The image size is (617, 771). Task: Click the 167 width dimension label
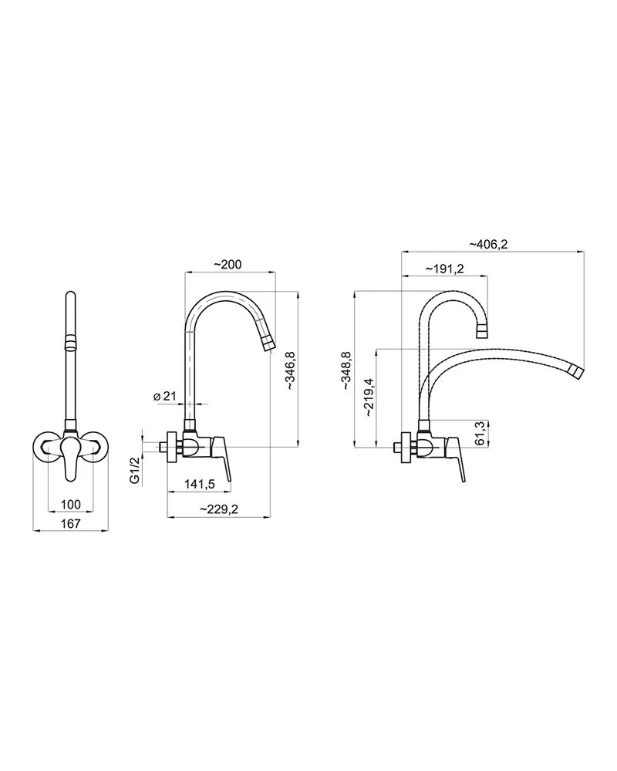click(x=70, y=524)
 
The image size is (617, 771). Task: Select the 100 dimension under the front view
click(x=70, y=504)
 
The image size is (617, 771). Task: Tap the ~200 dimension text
click(x=228, y=265)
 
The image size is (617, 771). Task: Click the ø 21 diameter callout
click(x=165, y=396)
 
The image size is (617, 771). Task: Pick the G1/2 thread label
click(x=135, y=469)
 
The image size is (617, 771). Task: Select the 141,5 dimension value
click(x=200, y=485)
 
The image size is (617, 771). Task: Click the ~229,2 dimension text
click(x=218, y=510)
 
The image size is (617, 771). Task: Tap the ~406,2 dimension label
click(x=488, y=245)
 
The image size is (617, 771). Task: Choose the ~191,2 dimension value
click(x=444, y=269)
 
